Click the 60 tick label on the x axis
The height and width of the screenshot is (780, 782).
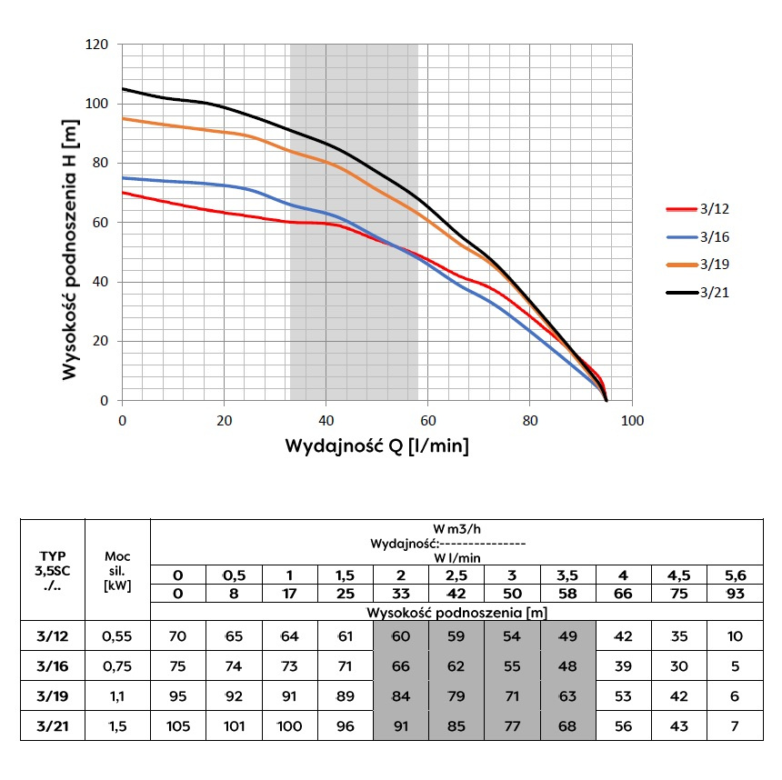coord(428,421)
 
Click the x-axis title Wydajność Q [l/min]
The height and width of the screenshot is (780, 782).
coord(377,446)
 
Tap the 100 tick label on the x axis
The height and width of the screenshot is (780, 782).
coord(632,421)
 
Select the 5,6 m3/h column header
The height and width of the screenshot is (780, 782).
coord(736,575)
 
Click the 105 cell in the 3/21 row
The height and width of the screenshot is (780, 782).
coord(178,726)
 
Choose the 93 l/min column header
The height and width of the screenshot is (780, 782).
coord(736,594)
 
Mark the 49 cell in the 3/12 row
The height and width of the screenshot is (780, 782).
coord(567,636)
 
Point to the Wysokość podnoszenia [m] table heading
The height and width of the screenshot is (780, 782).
coord(456,612)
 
